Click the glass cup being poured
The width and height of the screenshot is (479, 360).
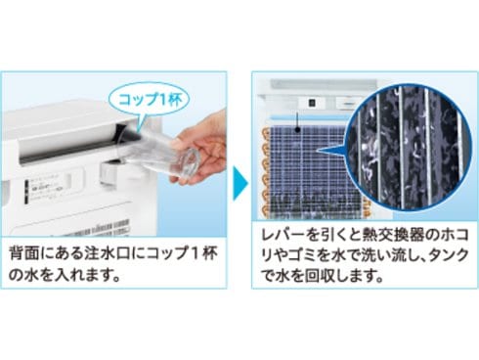tap(158, 156)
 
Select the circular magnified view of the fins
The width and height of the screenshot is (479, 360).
tap(409, 148)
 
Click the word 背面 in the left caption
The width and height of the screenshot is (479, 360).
tap(22, 252)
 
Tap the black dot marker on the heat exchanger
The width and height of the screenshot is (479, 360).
tap(297, 130)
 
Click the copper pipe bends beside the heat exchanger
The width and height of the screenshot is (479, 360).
tap(266, 170)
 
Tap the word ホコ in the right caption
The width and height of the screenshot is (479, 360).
tap(454, 235)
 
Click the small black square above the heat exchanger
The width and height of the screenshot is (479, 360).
tap(311, 103)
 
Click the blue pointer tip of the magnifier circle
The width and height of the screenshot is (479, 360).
tap(319, 151)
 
